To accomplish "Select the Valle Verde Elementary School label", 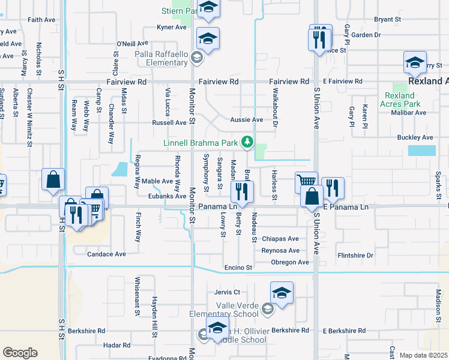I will click(224, 310).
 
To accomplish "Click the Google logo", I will click(20, 353).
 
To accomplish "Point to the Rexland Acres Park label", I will click(399, 100).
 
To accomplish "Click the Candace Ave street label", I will click(107, 254).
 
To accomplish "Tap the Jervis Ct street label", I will click(227, 292).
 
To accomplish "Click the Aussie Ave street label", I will click(247, 120).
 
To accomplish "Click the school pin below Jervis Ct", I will click(282, 293).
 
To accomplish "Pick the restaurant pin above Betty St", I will click(242, 192).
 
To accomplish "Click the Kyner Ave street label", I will click(172, 27).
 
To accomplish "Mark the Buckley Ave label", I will click(415, 137).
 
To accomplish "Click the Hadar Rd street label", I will click(116, 345).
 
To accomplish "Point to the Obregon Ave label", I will click(290, 262).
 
